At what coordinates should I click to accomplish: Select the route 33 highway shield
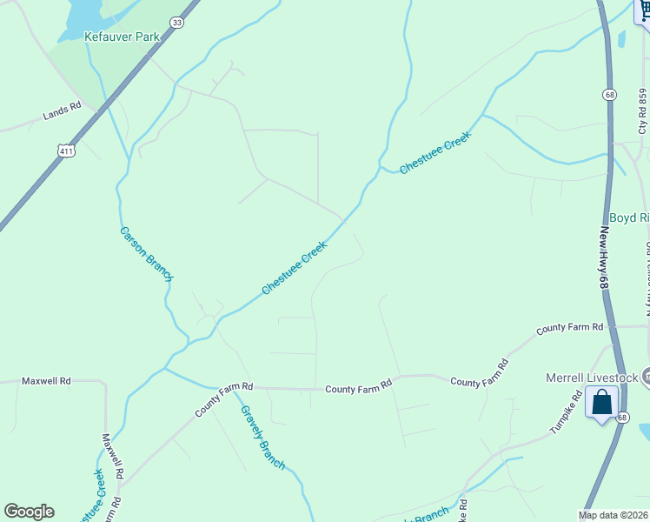(177, 23)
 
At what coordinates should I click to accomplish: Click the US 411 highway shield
(67, 151)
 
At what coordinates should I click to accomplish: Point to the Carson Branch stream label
(146, 253)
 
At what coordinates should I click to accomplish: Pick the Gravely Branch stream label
(262, 438)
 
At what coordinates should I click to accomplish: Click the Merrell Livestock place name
(591, 378)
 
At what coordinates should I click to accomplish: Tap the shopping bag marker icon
(601, 403)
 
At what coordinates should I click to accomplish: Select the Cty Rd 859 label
(643, 110)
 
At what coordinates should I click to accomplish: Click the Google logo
(29, 512)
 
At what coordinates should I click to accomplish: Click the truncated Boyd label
(629, 217)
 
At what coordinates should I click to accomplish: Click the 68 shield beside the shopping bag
(622, 418)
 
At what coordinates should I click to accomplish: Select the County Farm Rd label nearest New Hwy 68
(569, 328)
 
